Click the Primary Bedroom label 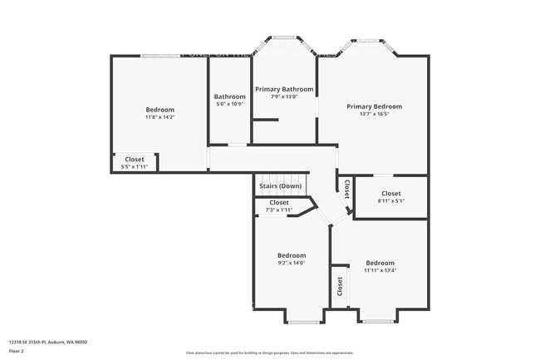point(374,106)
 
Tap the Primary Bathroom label point(284,89)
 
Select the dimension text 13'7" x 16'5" point(374,115)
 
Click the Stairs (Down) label point(280,186)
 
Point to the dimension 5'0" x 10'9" point(230,104)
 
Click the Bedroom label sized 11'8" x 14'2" point(160,110)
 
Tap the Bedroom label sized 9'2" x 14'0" point(292,255)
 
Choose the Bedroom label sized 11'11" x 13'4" point(380,262)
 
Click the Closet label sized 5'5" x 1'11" point(135,160)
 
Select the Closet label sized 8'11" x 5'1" point(391,194)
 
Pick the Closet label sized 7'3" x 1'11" point(279,202)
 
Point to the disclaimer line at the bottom point(270,353)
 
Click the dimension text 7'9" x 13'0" point(284,96)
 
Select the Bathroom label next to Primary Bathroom point(230,96)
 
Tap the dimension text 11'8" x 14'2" point(160,117)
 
